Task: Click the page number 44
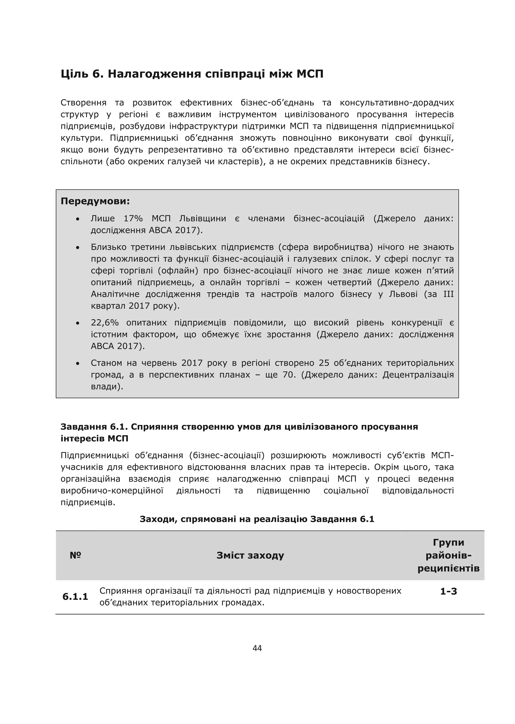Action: [257, 648]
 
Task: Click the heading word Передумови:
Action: [95, 201]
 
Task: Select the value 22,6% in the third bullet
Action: [105, 323]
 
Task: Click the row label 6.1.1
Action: [75, 596]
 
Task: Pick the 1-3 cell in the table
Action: [448, 591]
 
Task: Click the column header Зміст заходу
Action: [250, 555]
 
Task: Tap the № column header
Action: [75, 555]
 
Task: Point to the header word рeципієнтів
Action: [448, 568]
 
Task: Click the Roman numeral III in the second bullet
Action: [448, 294]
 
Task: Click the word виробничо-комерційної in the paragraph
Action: [112, 491]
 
